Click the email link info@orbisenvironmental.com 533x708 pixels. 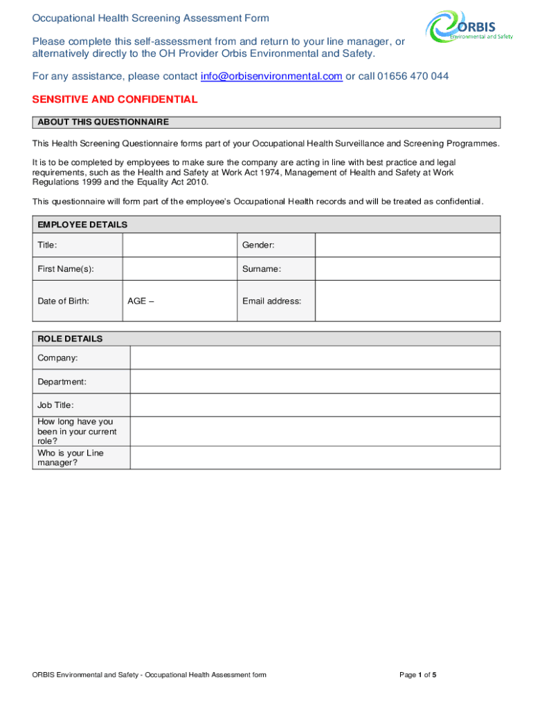[271, 76]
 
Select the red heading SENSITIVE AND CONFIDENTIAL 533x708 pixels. [115, 100]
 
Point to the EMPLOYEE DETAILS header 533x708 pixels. [82, 225]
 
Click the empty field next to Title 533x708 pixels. [179, 245]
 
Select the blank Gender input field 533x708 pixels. [407, 245]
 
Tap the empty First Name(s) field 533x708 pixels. [179, 269]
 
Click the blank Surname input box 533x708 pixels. [407, 269]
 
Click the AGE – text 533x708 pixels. [141, 301]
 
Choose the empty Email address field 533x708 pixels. [407, 301]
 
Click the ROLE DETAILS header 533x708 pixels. [70, 339]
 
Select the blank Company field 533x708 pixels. [314, 358]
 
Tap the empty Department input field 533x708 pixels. [314, 382]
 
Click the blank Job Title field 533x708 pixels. [314, 405]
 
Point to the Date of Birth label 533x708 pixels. [64, 301]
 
